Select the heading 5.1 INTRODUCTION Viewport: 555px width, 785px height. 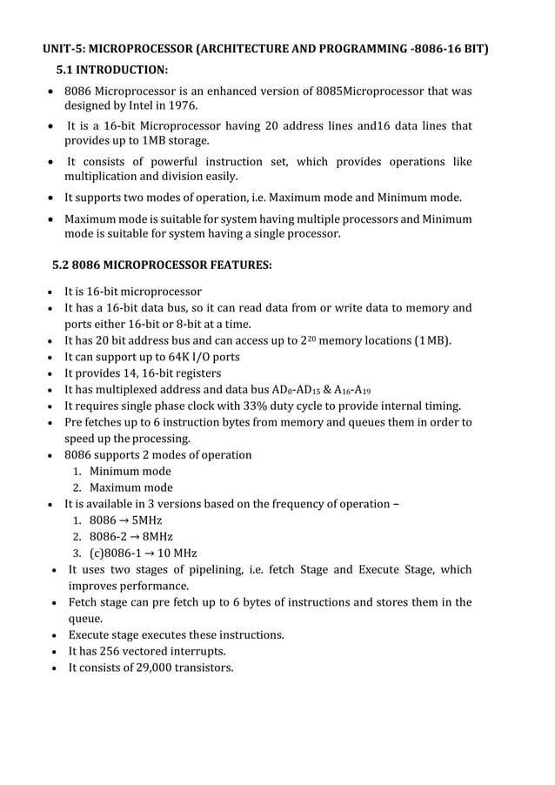click(111, 70)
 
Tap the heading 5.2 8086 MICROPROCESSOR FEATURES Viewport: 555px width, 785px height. click(161, 263)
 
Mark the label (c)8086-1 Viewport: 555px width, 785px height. click(117, 554)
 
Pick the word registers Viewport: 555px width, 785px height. click(194, 373)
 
